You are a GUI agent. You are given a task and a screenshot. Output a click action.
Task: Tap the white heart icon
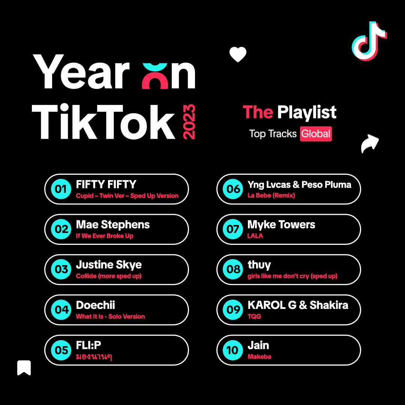(x=238, y=54)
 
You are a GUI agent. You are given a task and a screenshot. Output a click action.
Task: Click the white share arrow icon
(x=370, y=143)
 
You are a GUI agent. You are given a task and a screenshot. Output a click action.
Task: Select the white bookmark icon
(x=24, y=367)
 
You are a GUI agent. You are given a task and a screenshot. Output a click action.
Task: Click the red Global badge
(x=316, y=134)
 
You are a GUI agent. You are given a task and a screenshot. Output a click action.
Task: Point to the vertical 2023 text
(x=189, y=121)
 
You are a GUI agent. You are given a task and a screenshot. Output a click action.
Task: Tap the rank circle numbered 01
(x=61, y=189)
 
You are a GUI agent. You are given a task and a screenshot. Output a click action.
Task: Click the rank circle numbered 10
(x=233, y=350)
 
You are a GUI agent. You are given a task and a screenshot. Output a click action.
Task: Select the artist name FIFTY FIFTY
(x=106, y=184)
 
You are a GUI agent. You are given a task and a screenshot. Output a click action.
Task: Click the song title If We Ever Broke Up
(x=105, y=236)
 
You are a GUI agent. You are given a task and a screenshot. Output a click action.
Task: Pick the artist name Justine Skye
(x=109, y=265)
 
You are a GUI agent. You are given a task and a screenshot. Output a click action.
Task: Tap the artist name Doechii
(x=95, y=305)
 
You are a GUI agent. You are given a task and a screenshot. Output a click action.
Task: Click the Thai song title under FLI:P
(x=94, y=357)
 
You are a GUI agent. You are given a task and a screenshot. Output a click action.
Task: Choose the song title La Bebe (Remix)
(x=271, y=195)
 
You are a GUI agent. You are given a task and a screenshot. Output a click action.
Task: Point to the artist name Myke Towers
(x=281, y=225)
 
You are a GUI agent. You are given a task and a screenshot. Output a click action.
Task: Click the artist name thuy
(x=259, y=265)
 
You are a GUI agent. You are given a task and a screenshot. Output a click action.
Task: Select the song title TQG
(x=254, y=316)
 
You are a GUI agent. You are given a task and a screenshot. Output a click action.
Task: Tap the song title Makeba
(x=259, y=357)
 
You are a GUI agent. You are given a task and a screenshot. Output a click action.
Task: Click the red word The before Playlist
(x=258, y=112)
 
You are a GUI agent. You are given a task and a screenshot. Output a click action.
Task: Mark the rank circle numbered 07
(x=233, y=229)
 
